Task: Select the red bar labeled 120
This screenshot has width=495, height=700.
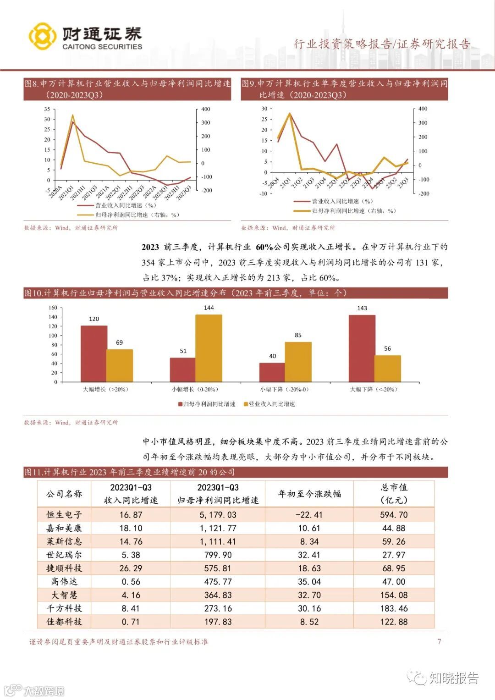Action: tap(94, 353)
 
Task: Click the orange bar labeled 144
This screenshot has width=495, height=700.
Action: tap(209, 348)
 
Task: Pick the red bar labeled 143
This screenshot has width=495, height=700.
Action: tap(362, 348)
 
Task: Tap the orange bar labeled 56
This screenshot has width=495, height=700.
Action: tap(387, 369)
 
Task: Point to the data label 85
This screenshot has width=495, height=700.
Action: tap(298, 335)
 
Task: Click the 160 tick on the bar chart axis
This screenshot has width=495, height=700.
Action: tap(53, 308)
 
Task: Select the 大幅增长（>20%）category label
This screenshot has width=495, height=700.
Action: tap(105, 389)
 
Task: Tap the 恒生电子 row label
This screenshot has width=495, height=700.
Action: tap(64, 515)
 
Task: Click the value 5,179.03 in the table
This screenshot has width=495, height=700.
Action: tap(218, 515)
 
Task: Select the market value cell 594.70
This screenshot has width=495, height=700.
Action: tap(394, 515)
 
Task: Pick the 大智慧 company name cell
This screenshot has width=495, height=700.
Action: tap(64, 595)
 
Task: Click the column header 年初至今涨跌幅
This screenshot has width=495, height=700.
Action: tap(309, 494)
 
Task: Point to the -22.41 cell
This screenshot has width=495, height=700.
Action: tap(309, 515)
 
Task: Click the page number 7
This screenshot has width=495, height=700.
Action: tap(439, 641)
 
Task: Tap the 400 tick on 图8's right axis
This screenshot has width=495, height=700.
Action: tap(206, 109)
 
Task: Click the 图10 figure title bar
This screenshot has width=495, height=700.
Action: tap(236, 293)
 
